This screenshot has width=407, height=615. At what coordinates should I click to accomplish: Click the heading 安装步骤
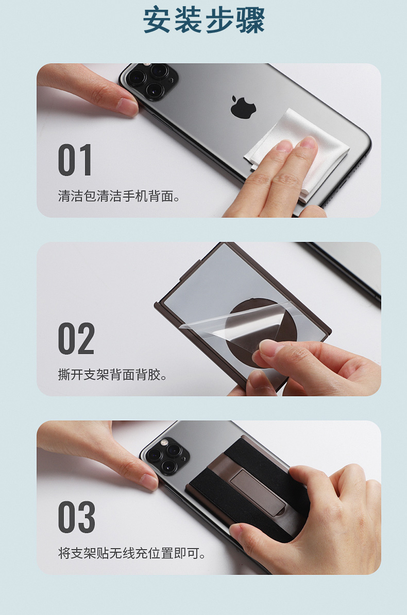click(203, 20)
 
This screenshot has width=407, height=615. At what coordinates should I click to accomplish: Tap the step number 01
click(75, 160)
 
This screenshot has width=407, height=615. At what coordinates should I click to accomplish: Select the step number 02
click(76, 339)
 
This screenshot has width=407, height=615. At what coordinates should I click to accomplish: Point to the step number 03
click(77, 517)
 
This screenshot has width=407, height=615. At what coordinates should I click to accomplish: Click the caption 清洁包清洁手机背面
click(118, 196)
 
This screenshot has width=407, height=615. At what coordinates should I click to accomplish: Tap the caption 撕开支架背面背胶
click(112, 375)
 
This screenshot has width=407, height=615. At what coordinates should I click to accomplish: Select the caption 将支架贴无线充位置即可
click(131, 553)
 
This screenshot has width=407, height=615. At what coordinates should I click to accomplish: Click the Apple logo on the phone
click(243, 107)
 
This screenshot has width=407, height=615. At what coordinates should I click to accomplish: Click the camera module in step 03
click(167, 455)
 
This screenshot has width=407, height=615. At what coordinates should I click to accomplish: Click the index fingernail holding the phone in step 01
click(128, 107)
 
